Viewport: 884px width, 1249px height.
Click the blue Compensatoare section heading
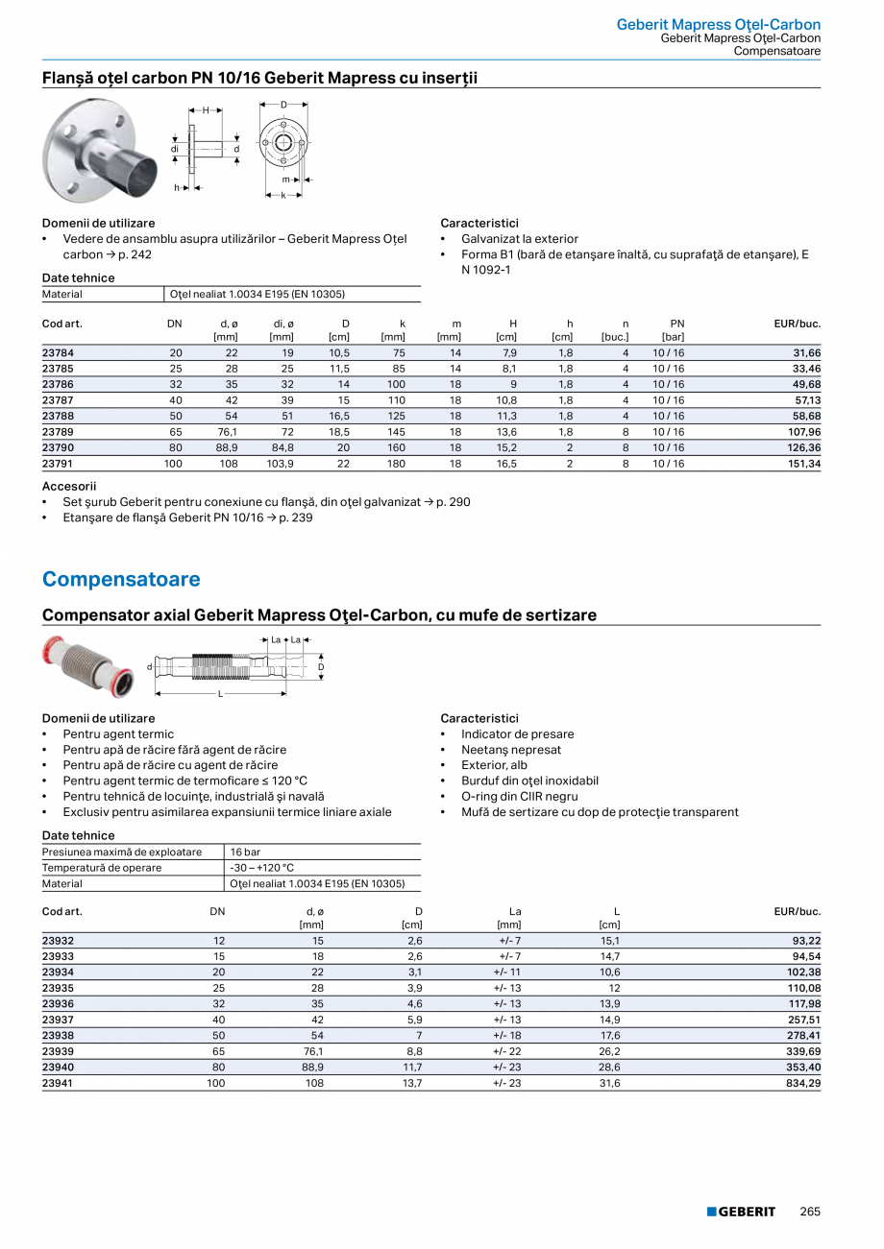[121, 579]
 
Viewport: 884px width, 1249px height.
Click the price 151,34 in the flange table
[801, 464]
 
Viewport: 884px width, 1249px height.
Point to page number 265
[810, 1212]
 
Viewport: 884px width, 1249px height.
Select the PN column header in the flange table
[676, 324]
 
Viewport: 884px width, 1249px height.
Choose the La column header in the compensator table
[514, 911]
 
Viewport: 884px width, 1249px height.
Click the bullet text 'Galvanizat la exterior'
[519, 239]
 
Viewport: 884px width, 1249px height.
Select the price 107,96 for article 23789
[801, 432]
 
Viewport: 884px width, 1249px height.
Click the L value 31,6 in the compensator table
[609, 1083]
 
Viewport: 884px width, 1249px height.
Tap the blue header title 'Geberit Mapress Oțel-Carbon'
[718, 24]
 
